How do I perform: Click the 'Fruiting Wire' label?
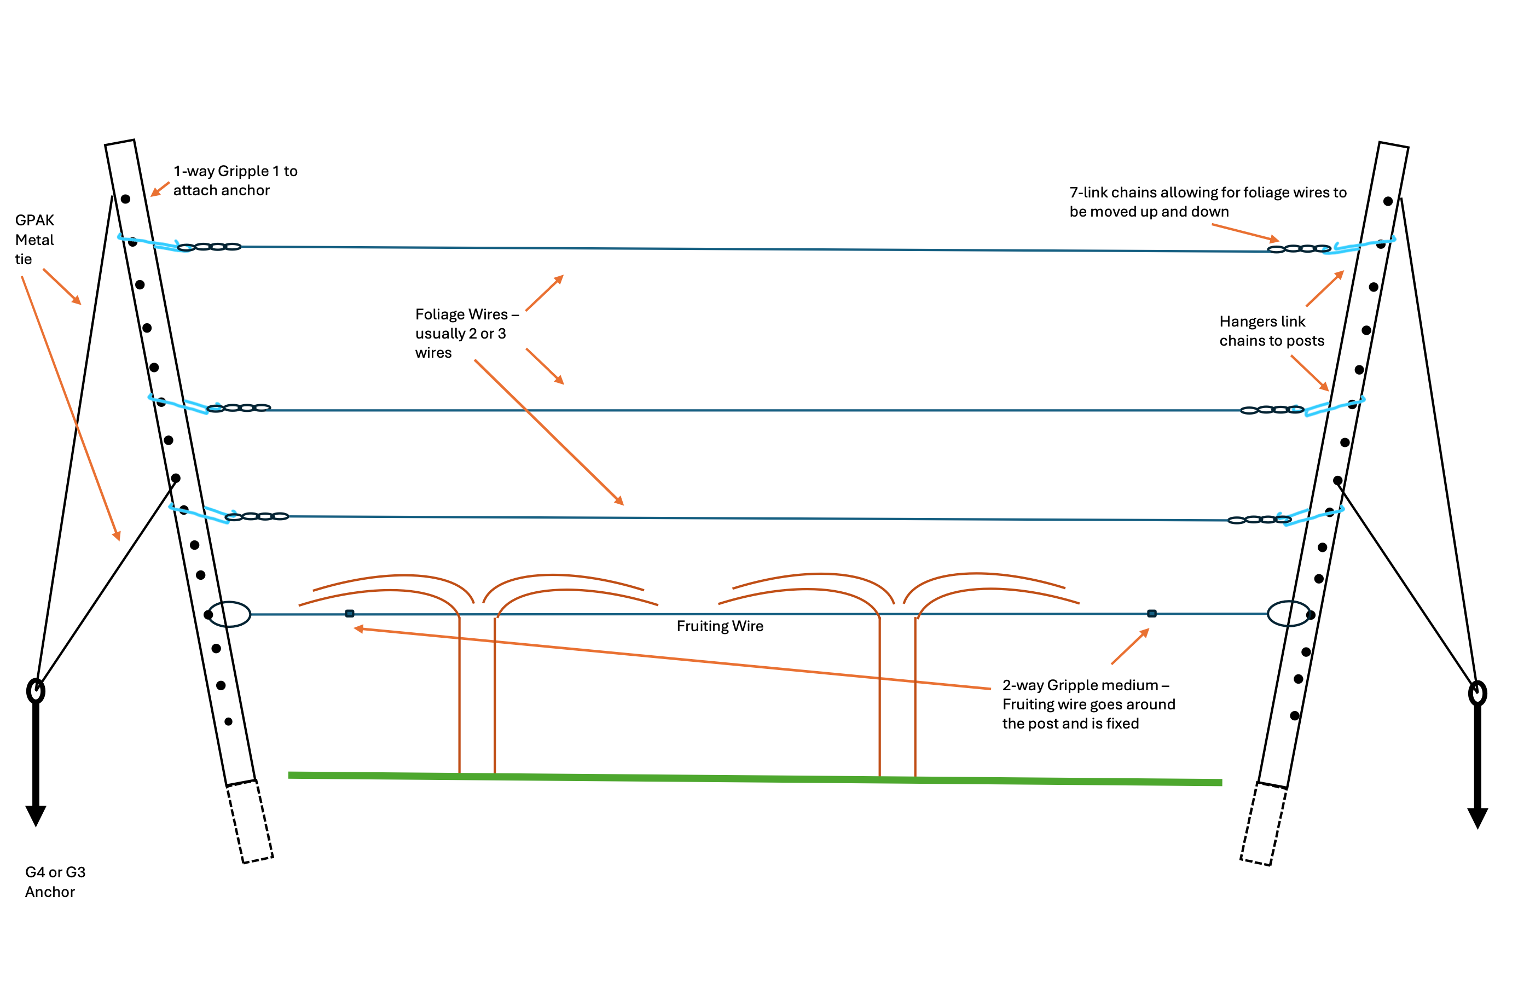(720, 626)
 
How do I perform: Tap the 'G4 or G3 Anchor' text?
(54, 882)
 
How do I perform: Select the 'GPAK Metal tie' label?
(34, 240)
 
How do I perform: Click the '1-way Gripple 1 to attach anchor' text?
(235, 181)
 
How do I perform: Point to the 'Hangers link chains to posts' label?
(1271, 331)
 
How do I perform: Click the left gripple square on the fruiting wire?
(350, 614)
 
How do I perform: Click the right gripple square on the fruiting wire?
(1152, 614)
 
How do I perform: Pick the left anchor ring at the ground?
(36, 691)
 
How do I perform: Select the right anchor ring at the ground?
(1477, 694)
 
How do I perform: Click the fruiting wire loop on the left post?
(229, 614)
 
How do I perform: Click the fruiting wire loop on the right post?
(1289, 614)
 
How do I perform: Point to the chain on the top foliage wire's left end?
(209, 247)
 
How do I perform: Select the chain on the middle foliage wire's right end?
(1272, 410)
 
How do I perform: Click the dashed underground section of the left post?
(251, 822)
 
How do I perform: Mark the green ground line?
(754, 778)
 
